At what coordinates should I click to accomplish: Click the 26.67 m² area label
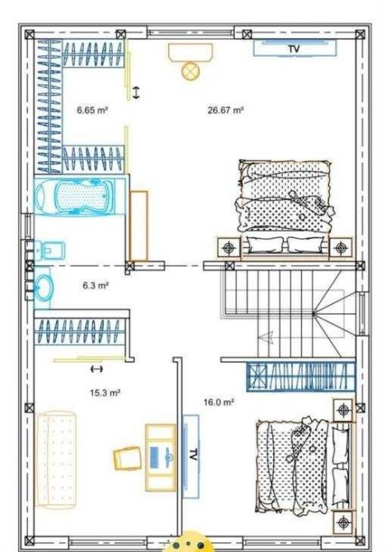(x=226, y=110)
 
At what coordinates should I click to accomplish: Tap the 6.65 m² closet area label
(x=92, y=110)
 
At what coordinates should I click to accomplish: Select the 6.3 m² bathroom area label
(x=95, y=285)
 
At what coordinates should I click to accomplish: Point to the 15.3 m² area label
(x=105, y=392)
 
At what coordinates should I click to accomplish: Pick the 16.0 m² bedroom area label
(x=219, y=402)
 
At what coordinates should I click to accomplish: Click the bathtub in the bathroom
(x=80, y=196)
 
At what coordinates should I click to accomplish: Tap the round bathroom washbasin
(x=44, y=288)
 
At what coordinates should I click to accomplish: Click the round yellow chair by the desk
(x=191, y=70)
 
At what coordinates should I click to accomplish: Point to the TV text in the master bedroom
(x=294, y=49)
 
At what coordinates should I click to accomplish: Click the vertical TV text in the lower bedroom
(x=193, y=455)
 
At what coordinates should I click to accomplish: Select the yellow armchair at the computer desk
(x=128, y=458)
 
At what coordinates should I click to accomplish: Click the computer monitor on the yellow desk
(x=155, y=457)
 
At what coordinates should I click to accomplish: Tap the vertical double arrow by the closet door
(x=136, y=92)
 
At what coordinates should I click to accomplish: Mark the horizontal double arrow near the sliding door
(x=96, y=369)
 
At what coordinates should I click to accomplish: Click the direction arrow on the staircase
(x=266, y=337)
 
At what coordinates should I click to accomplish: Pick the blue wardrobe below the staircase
(x=300, y=377)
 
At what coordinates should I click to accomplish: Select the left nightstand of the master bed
(x=229, y=248)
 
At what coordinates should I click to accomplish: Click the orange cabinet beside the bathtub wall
(x=138, y=226)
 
